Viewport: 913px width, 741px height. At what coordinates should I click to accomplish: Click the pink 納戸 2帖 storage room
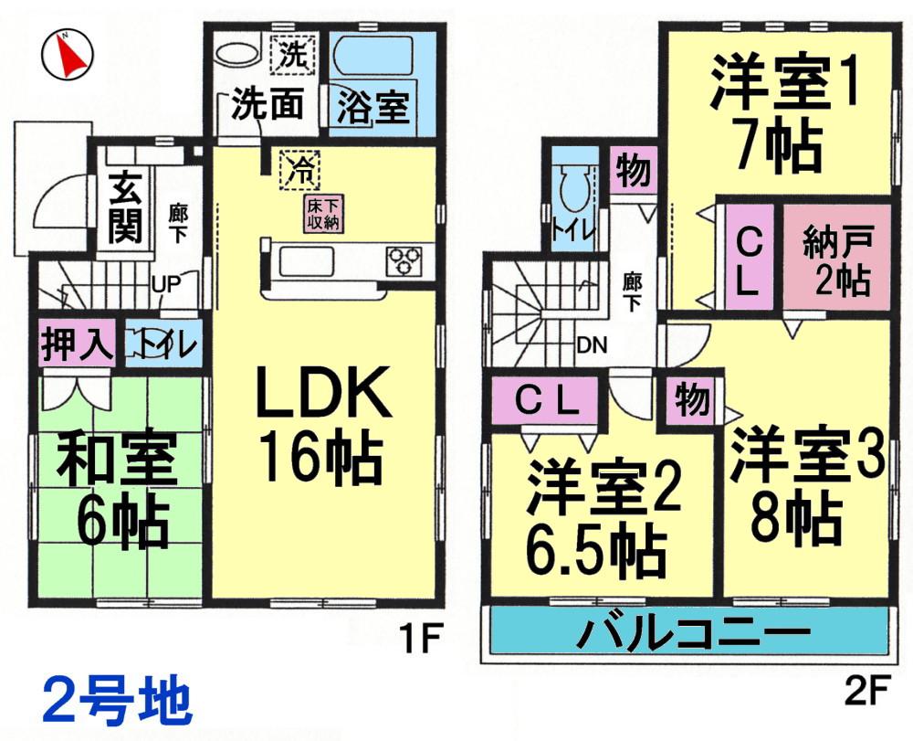[x=837, y=262]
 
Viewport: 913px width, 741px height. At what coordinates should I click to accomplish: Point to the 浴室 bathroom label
[x=373, y=108]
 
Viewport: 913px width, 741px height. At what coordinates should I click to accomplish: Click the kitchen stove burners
[x=403, y=260]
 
